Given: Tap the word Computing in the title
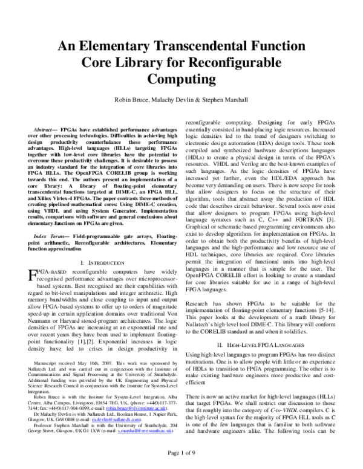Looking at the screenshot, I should tap(181, 79).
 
